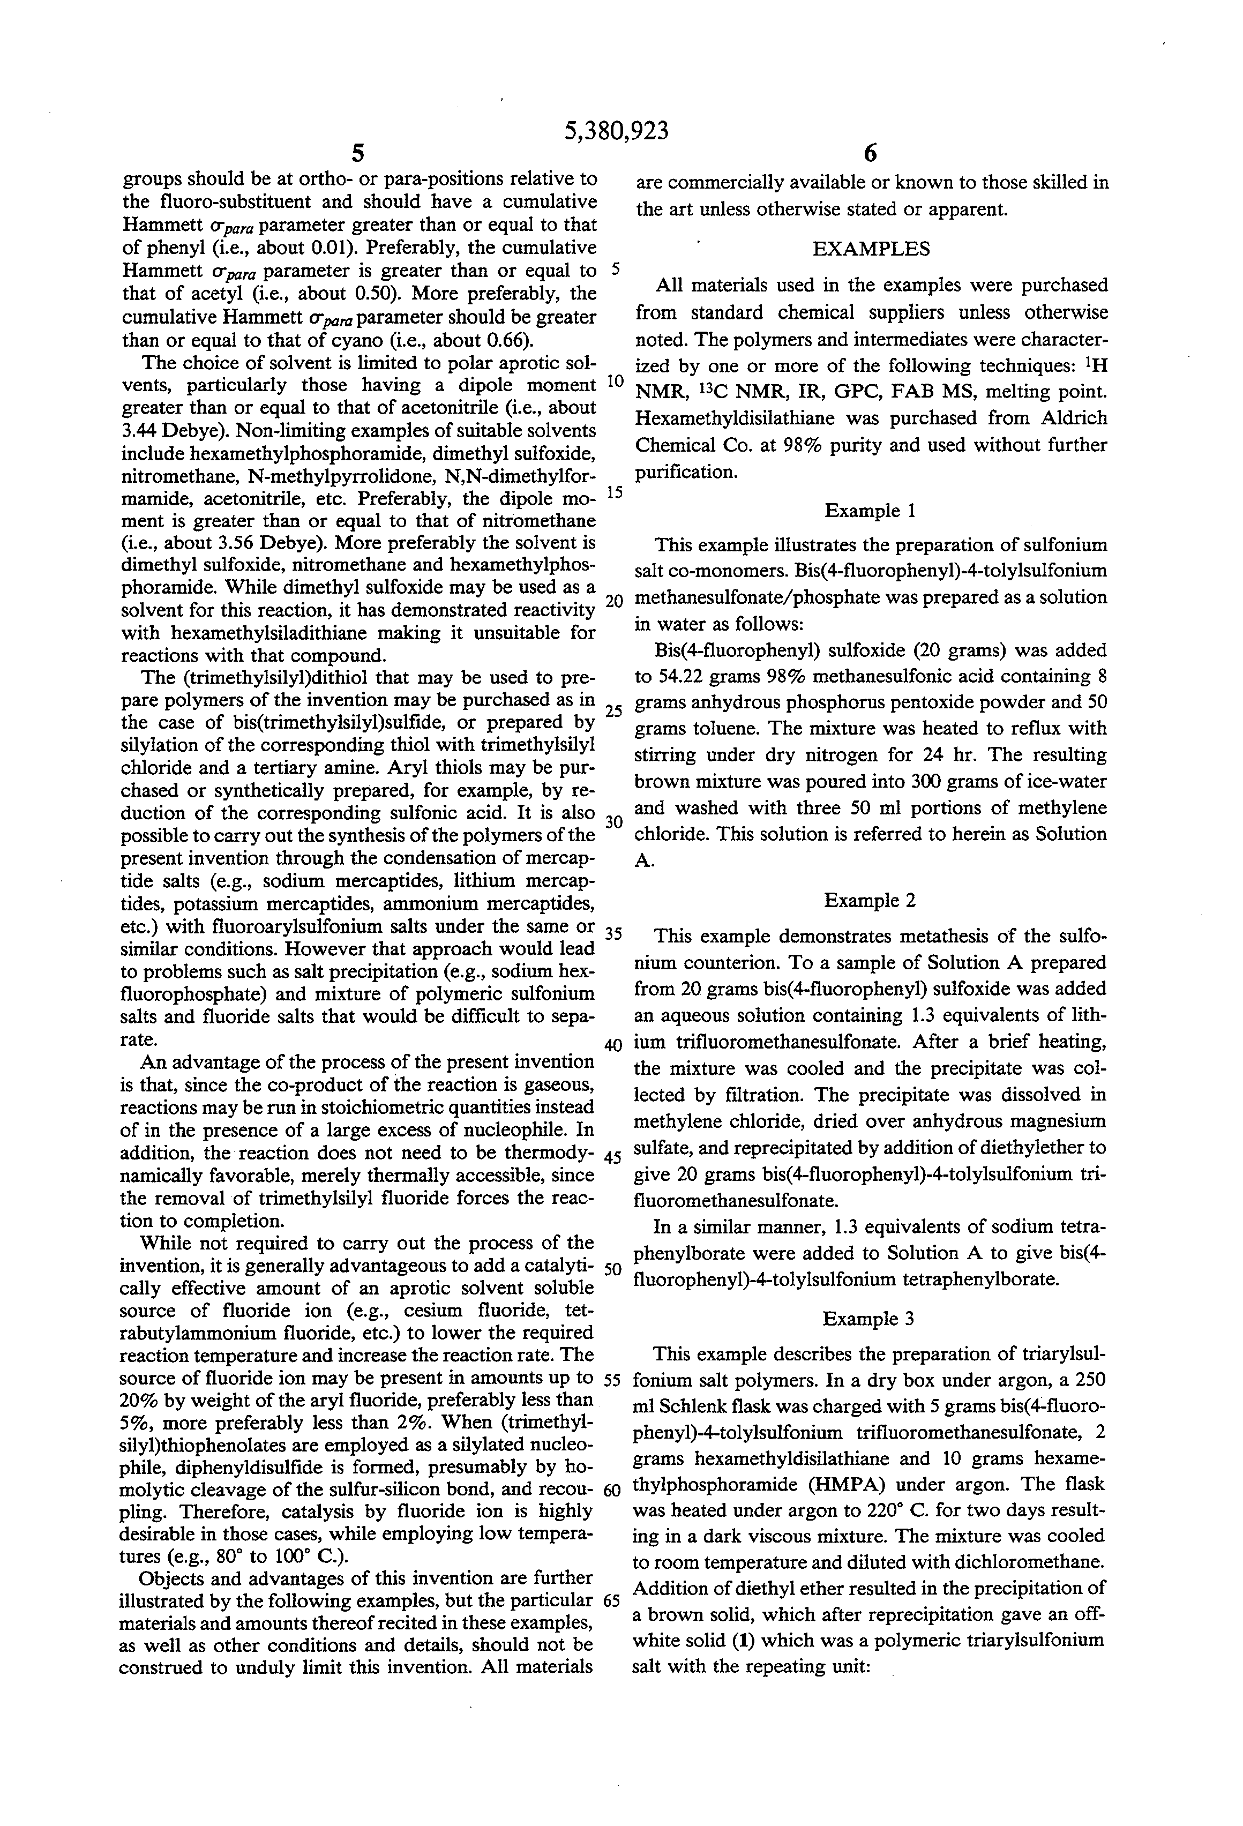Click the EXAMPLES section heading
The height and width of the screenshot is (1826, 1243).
pos(871,249)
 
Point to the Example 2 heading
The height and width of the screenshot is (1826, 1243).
pos(870,901)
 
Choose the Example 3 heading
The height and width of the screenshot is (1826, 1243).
pos(868,1319)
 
